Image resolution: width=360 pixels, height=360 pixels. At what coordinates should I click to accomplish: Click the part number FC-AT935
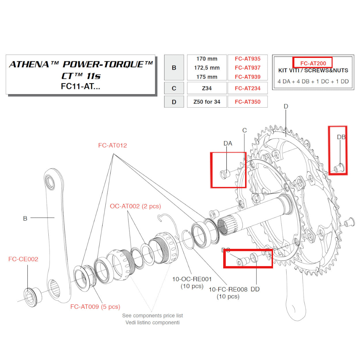pyautogui.click(x=247, y=59)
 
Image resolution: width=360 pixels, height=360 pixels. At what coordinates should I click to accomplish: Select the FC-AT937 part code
pyautogui.click(x=247, y=68)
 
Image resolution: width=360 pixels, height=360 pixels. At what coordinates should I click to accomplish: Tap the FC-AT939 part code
pyautogui.click(x=247, y=77)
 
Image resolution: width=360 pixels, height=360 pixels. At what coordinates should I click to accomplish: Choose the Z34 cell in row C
pyautogui.click(x=207, y=88)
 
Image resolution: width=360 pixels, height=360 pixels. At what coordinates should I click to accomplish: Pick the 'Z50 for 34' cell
pyautogui.click(x=207, y=102)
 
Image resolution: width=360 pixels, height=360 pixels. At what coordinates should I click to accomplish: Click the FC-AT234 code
pyautogui.click(x=247, y=88)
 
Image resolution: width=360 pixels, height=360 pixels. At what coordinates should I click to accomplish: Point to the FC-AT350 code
pyautogui.click(x=247, y=102)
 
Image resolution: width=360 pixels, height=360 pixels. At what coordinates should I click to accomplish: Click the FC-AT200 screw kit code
pyautogui.click(x=313, y=63)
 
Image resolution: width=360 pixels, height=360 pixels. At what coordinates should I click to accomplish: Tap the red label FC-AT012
pyautogui.click(x=112, y=145)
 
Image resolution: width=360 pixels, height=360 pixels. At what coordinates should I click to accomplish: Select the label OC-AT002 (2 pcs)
pyautogui.click(x=135, y=206)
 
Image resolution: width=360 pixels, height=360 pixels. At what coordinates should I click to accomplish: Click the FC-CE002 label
pyautogui.click(x=23, y=259)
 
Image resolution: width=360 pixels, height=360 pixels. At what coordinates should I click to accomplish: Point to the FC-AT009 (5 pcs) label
pyautogui.click(x=95, y=307)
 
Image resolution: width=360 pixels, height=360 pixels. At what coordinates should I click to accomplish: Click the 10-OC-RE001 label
pyautogui.click(x=192, y=279)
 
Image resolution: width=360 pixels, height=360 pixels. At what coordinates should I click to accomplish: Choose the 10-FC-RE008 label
pyautogui.click(x=228, y=289)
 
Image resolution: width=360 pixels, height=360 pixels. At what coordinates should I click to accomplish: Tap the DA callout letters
pyautogui.click(x=228, y=143)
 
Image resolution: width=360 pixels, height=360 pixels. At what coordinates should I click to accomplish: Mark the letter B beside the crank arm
pyautogui.click(x=25, y=219)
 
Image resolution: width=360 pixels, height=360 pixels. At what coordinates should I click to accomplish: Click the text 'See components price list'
pyautogui.click(x=152, y=316)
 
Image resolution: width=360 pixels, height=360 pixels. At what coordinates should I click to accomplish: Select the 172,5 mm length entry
pyautogui.click(x=207, y=68)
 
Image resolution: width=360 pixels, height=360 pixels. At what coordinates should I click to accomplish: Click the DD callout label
pyautogui.click(x=255, y=289)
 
